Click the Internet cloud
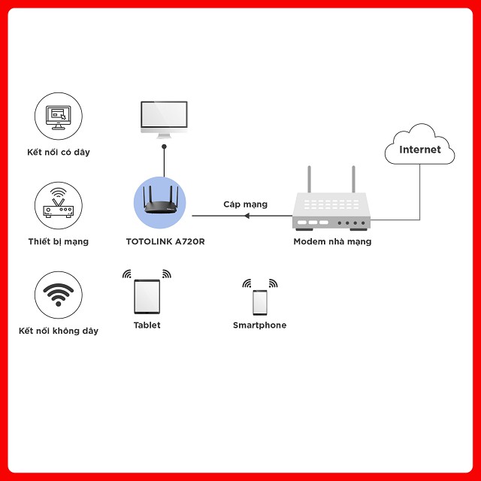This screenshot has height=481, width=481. point(419,149)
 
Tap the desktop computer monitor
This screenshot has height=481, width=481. point(164,118)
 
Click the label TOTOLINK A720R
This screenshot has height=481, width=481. point(165,242)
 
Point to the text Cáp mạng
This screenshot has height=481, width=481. point(245,204)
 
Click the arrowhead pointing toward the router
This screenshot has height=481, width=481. point(247,216)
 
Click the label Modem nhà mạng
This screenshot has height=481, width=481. point(332,242)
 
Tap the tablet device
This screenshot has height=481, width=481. point(147,296)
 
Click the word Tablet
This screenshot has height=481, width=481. point(147,325)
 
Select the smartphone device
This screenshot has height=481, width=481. point(259,302)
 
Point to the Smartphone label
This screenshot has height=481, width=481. point(259,325)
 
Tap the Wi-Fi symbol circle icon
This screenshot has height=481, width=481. point(59,294)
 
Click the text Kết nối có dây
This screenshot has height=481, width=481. point(59,153)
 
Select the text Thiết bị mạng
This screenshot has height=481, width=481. point(59,242)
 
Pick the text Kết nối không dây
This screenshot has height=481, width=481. point(59,331)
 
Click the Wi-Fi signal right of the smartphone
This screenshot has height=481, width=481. point(273,284)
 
